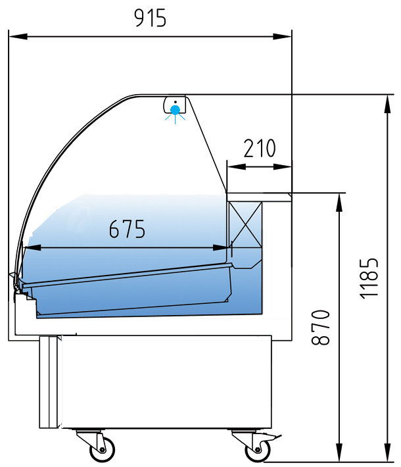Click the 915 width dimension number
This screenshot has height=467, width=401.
click(x=150, y=18)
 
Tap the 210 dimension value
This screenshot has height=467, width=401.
click(x=260, y=148)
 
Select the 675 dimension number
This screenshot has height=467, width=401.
click(x=127, y=229)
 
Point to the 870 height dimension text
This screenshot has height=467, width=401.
click(x=320, y=327)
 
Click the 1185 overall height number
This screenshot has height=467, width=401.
click(x=369, y=278)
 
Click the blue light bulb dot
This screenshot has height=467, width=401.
click(x=175, y=110)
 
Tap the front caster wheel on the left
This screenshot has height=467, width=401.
click(x=102, y=449)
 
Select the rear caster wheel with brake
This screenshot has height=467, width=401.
click(x=258, y=449)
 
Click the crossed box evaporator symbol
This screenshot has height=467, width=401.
click(x=245, y=224)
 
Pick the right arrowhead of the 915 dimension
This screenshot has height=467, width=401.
click(x=282, y=37)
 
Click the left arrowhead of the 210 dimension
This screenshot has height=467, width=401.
click(x=237, y=167)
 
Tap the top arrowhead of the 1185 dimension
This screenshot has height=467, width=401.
click(x=388, y=104)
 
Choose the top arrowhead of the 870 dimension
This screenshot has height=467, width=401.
click(x=339, y=203)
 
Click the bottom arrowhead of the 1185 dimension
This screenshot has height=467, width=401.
click(x=388, y=453)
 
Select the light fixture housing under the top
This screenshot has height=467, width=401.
click(x=175, y=105)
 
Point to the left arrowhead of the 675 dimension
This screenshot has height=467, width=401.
click(x=32, y=247)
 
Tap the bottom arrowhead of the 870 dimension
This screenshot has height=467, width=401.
click(x=339, y=453)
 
